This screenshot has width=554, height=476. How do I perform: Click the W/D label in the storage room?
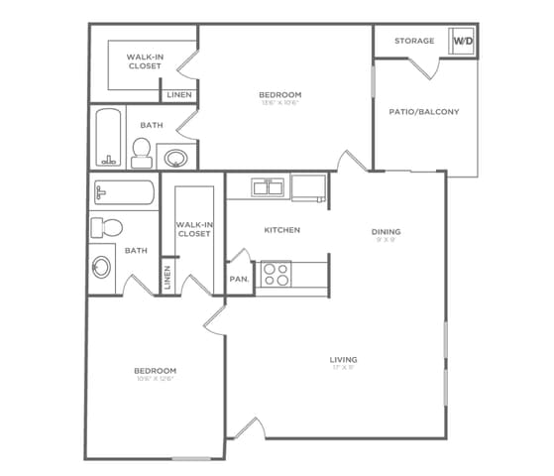click(x=464, y=41)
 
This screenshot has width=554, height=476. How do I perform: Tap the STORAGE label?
click(x=414, y=41)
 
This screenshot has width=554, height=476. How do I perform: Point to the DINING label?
click(x=386, y=232)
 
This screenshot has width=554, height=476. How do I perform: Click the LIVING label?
click(x=344, y=359)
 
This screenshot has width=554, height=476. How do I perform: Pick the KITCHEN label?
click(x=281, y=230)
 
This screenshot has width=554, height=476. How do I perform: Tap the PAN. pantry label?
click(x=239, y=280)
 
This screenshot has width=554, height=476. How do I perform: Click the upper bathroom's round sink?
click(x=176, y=157)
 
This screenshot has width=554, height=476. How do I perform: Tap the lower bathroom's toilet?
click(x=105, y=227)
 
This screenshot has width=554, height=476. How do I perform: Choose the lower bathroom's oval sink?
click(x=101, y=267)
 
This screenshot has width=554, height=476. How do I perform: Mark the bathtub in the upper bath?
click(x=110, y=136)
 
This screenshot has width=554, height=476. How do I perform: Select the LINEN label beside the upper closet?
click(x=179, y=95)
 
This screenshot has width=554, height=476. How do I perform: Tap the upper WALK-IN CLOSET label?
click(x=144, y=61)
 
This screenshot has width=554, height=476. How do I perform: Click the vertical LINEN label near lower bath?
click(x=167, y=277)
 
